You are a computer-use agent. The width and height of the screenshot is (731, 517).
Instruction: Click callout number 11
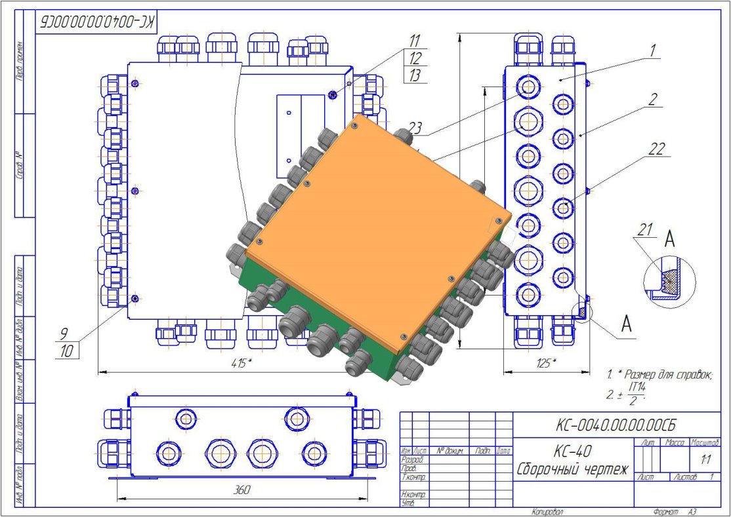pyautogui.click(x=415, y=41)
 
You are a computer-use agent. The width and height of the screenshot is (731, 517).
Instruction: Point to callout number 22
pyautogui.click(x=654, y=149)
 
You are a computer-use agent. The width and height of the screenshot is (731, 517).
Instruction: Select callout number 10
pyautogui.click(x=66, y=351)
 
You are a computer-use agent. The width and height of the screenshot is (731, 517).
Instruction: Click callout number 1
pyautogui.click(x=653, y=50)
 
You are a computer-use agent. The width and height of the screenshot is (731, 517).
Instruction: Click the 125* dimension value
pyautogui.click(x=543, y=363)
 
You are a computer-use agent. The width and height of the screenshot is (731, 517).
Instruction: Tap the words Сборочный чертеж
pyautogui.click(x=572, y=470)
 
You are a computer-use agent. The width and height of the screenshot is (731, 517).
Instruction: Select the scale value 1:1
pyautogui.click(x=705, y=459)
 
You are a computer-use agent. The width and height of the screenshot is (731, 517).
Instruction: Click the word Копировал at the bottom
pyautogui.click(x=548, y=511)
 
